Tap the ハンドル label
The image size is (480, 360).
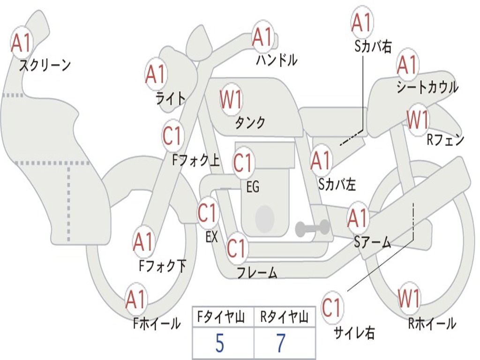point(277,60)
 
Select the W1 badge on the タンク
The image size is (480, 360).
point(231,100)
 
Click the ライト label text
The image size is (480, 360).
point(171,98)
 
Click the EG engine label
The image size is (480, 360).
point(253,187)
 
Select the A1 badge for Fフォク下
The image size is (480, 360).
point(143,242)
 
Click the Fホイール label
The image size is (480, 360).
point(157,323)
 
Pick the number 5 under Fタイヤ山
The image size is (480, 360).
point(220,344)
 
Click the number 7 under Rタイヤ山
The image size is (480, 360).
point(281,344)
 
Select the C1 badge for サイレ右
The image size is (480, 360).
point(331,308)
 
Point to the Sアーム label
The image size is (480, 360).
point(372,242)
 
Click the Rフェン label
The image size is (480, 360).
point(445,139)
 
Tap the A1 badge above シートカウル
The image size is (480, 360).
point(407,65)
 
